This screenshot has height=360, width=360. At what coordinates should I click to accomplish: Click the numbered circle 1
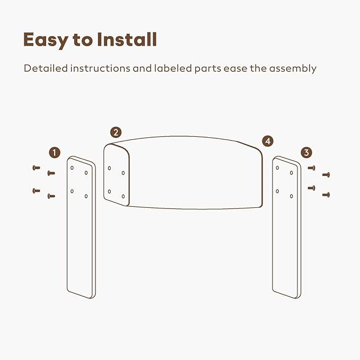[55, 153]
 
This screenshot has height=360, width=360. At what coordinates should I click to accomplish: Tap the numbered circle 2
[116, 133]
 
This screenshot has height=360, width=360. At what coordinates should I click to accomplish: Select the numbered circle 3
[306, 153]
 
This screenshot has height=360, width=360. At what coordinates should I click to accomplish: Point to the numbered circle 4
[268, 141]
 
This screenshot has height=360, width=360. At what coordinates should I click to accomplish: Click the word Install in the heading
[127, 39]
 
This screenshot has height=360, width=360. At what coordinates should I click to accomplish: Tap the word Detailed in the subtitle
[46, 68]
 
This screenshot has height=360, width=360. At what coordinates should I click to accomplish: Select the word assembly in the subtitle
[293, 68]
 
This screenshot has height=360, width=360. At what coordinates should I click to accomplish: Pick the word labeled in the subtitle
[173, 68]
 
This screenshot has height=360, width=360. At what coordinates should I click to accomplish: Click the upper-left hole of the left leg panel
[72, 168]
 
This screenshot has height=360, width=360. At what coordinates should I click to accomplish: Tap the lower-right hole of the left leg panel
[86, 196]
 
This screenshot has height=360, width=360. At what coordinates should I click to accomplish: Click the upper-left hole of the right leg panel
[277, 168]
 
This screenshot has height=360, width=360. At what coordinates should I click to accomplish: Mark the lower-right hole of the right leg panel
[292, 196]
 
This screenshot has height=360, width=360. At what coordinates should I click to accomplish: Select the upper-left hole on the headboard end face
[109, 168]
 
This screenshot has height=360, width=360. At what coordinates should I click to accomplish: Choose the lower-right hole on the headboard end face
[124, 196]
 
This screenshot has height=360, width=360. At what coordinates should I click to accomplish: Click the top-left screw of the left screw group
[36, 168]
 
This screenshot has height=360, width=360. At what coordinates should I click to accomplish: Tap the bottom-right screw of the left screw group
[51, 196]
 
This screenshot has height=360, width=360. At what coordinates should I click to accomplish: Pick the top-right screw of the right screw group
[326, 175]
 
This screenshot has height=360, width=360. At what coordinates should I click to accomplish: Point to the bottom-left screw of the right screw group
[311, 188]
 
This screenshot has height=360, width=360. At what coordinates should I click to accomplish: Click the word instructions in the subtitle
[100, 68]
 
